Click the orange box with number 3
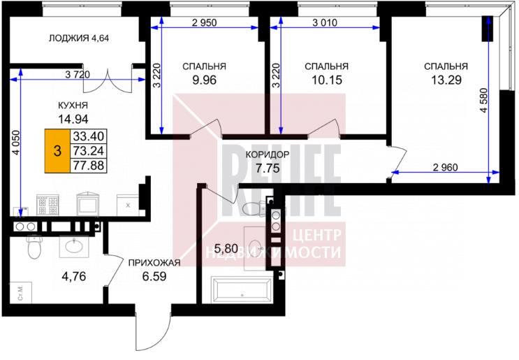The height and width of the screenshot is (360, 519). coord(57,151)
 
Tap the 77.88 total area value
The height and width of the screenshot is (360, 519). coord(89,165)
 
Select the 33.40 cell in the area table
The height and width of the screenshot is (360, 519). coord(89,136)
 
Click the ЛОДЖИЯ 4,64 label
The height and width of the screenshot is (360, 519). coord(79,38)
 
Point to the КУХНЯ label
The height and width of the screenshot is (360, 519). coord(73,106)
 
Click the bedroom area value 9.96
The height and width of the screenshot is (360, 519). coord(204,80)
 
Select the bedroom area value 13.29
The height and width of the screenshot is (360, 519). coord(446,80)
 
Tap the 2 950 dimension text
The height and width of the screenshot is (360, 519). coord(204,22)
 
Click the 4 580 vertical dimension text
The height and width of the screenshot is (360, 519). coord(483,101)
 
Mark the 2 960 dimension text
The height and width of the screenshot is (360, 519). coord(445,167)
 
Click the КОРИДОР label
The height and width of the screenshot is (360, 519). coord(268,154)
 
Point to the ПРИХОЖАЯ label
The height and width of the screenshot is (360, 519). coord(154,263)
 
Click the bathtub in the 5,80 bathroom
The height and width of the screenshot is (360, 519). coord(242,290)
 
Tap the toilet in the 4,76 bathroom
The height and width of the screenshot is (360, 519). coord(34,246)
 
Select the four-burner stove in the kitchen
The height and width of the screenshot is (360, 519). coord(47,205)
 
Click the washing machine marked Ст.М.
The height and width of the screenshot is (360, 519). coord(20,292)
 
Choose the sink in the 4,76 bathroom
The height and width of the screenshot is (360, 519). coord(75,246)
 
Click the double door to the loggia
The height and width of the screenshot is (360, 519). coord(108,80)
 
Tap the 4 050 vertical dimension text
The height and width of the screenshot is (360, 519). coord(15,143)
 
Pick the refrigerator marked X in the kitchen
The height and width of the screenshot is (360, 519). coord(128,205)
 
